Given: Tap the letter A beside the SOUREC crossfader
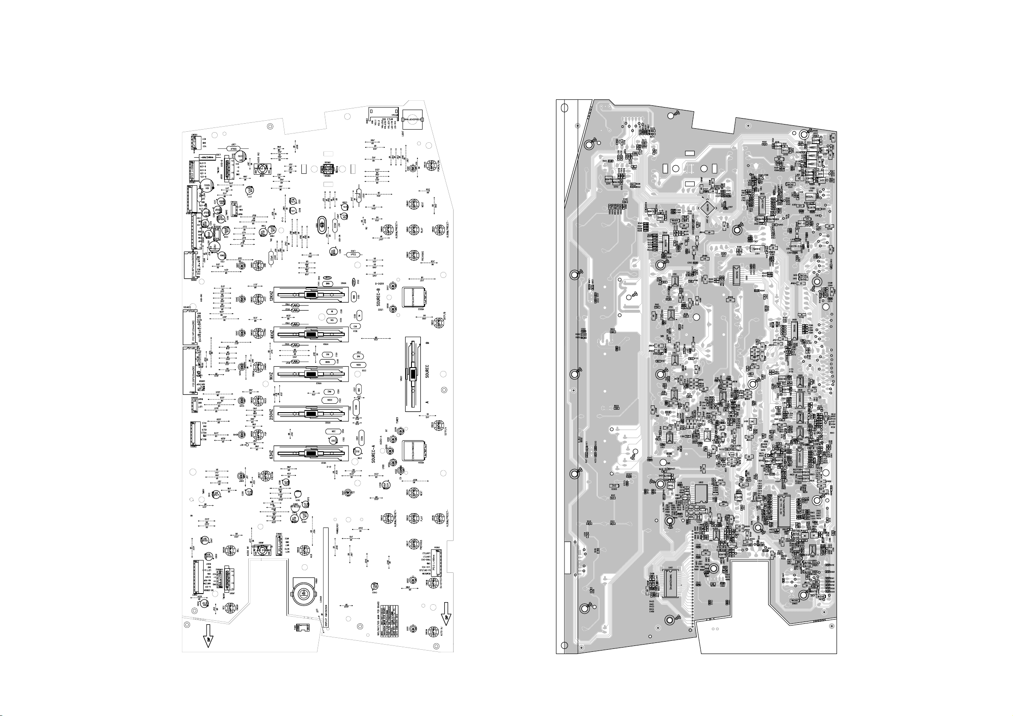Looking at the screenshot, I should click(x=427, y=402).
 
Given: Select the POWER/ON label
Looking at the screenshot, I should click(x=437, y=169).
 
